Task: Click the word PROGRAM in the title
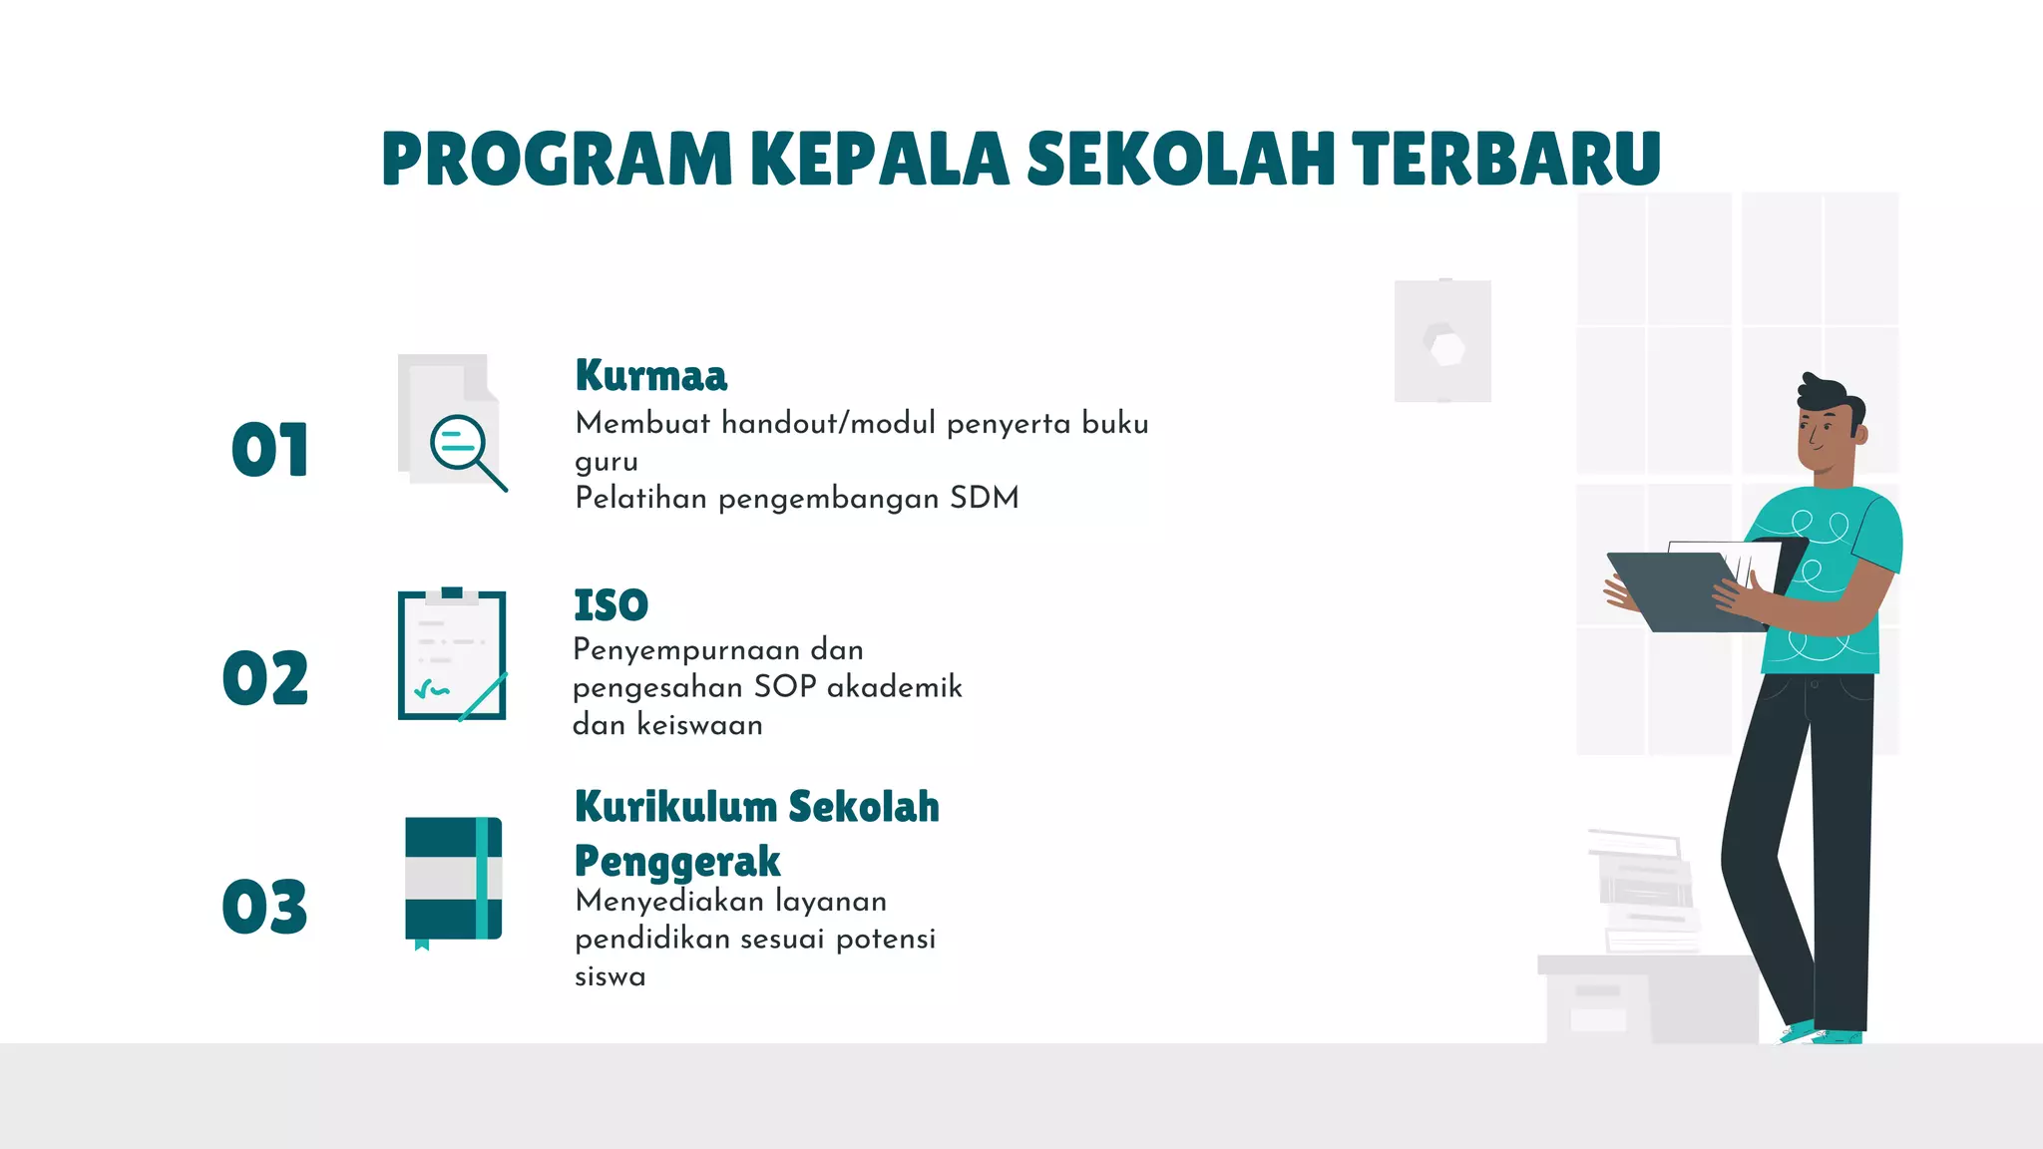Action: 557,160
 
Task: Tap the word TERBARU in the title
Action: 1506,160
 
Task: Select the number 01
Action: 269,450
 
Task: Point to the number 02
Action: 265,678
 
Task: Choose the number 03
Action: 265,907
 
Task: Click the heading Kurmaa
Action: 651,376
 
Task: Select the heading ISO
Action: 611,605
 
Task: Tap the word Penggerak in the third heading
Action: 677,861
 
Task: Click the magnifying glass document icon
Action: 454,424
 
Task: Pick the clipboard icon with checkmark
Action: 452,655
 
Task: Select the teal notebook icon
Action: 453,880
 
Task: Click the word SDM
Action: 984,498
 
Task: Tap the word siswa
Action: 610,976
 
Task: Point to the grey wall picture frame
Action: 1442,341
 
